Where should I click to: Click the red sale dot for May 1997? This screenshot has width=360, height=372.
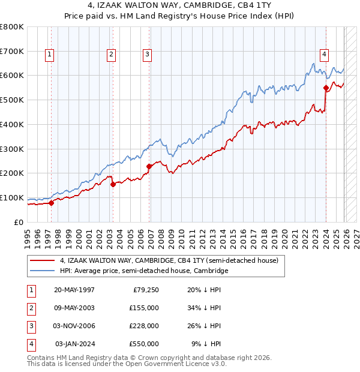tap(51, 203)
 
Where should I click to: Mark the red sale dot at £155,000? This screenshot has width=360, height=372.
tap(113, 184)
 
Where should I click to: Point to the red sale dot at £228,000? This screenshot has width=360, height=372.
tap(149, 166)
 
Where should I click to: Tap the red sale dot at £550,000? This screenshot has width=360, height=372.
tap(326, 88)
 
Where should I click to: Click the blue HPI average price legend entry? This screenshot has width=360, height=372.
tap(144, 271)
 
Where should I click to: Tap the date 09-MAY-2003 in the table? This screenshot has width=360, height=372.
tap(74, 308)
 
